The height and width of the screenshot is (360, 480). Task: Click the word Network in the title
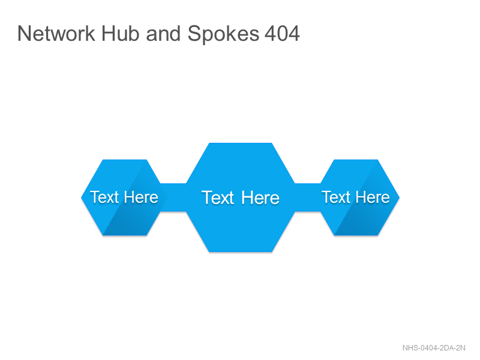click(56, 34)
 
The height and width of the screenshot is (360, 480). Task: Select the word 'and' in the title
click(163, 34)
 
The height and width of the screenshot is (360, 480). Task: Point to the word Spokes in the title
click(223, 34)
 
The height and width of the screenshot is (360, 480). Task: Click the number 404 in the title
click(282, 34)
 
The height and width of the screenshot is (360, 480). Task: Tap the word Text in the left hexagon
click(104, 197)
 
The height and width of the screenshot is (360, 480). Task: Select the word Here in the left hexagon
click(141, 197)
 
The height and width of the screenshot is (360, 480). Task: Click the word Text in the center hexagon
click(218, 197)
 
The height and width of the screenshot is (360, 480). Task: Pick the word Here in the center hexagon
click(260, 197)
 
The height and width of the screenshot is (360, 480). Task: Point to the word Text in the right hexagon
click(336, 197)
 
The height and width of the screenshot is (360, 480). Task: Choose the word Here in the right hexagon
click(373, 197)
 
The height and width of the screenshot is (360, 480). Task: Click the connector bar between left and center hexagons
click(173, 197)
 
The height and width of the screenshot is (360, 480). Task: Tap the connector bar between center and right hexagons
click(308, 197)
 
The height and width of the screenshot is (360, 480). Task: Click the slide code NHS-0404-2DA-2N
click(434, 348)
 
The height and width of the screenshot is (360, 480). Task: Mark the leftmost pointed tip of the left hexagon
click(81, 197)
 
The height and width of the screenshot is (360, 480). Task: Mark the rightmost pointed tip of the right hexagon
click(400, 197)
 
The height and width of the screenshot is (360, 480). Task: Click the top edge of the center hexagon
click(241, 143)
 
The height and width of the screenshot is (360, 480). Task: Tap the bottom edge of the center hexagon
click(241, 251)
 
